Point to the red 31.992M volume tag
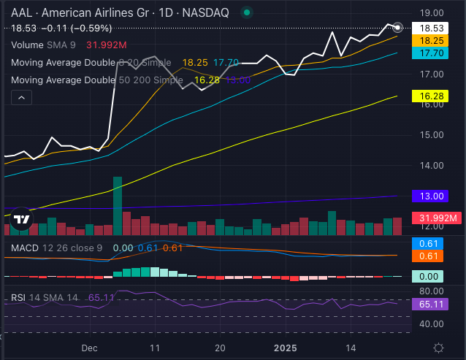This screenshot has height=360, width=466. (436, 218)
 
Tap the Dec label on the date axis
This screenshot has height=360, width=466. (90, 348)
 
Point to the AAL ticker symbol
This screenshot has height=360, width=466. (21, 12)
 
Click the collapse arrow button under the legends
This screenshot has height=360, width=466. (21, 98)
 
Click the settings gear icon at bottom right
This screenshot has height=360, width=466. (438, 348)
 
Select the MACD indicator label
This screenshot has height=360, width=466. (26, 248)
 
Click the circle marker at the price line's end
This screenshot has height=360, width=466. (397, 28)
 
